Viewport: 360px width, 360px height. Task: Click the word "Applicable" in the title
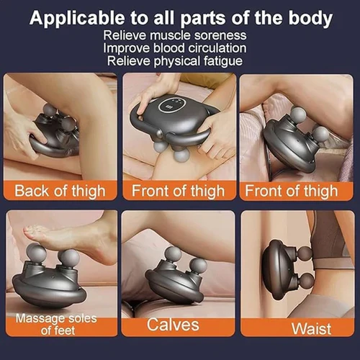(x=77, y=18)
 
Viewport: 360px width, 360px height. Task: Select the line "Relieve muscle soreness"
(x=175, y=35)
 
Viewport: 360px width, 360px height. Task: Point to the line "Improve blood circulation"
(x=175, y=48)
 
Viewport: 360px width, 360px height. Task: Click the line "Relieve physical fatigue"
(x=175, y=60)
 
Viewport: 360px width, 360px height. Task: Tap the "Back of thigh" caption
(x=60, y=191)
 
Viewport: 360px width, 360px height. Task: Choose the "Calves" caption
(x=173, y=325)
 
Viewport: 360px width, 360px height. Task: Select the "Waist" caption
(x=311, y=328)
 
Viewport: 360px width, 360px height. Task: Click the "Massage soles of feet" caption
(x=57, y=324)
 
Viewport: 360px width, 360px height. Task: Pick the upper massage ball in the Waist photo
(x=305, y=253)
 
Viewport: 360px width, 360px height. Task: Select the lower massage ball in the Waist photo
(x=306, y=281)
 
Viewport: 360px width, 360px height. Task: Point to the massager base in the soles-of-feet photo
(x=49, y=292)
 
